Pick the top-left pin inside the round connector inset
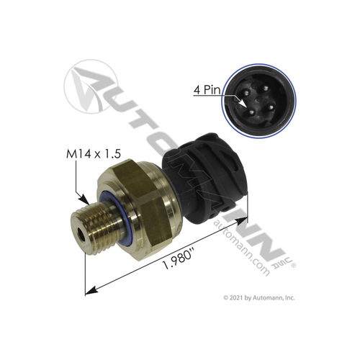click(243, 91)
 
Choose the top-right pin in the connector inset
click(257, 89)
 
